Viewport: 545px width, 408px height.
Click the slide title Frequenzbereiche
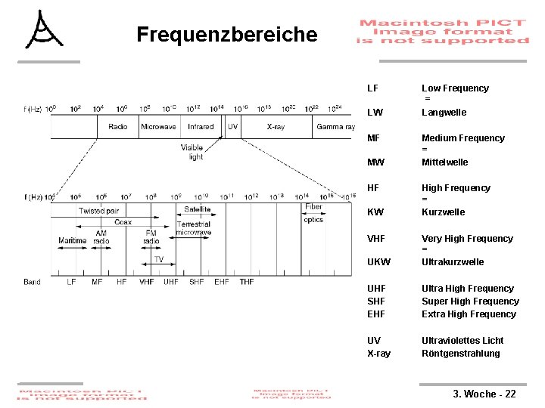coord(226,35)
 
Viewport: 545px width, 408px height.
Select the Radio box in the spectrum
coord(118,127)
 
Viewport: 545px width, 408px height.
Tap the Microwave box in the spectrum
coord(158,127)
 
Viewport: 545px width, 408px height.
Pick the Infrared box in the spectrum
coord(201,127)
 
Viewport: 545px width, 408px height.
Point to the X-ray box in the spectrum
coord(276,127)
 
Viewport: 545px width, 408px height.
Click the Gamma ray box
coord(335,127)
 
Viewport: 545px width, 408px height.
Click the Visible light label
coord(192,152)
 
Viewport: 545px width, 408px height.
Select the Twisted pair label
coord(98,211)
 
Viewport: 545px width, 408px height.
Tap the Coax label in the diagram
coord(123,222)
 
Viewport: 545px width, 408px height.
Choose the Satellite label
coord(197,209)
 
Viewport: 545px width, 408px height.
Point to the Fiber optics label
coord(313,213)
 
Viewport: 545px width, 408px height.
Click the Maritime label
coord(73,241)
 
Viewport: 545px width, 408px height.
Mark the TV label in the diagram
coord(158,259)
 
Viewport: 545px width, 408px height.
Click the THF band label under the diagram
coord(247,282)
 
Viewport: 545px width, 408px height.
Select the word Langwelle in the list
coord(444,113)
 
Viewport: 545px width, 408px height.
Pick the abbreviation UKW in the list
coord(378,262)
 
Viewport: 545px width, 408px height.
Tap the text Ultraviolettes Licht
coord(462,341)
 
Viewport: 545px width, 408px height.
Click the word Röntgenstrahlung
coord(461,354)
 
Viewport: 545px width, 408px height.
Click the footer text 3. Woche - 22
coord(484,394)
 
